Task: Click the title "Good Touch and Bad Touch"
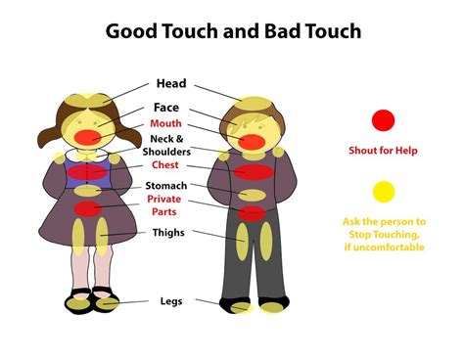[x=233, y=31]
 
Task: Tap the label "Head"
[x=169, y=84]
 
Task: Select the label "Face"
[x=165, y=107]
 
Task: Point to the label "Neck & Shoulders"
[x=163, y=146]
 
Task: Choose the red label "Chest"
[x=163, y=165]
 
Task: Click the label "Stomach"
[x=165, y=186]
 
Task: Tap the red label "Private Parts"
[x=163, y=204]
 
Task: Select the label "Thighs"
[x=167, y=233]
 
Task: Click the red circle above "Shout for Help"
[x=384, y=120]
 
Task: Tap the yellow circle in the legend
[x=384, y=191]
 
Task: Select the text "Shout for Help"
[x=384, y=151]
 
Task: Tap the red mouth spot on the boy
[x=252, y=142]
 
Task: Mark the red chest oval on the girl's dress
[x=89, y=172]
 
